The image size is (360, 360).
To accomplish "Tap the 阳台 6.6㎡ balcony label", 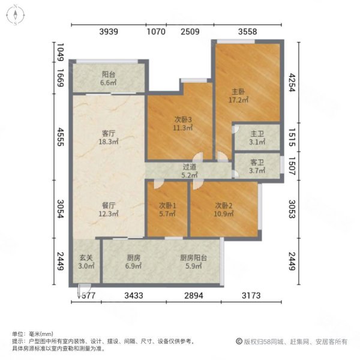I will point(109,79).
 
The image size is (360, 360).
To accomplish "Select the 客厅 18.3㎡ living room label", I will point(109,139).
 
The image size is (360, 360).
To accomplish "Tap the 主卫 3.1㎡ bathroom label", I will point(257,137).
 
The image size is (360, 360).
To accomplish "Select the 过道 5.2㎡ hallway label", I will point(191,172).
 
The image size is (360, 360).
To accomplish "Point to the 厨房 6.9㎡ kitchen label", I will point(133,262).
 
